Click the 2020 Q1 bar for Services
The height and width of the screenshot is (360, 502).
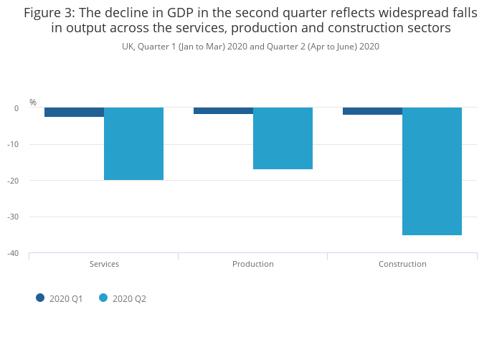[74, 112]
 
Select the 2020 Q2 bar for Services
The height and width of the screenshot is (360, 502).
[133, 143]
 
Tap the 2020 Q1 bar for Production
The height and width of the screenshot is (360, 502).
[223, 110]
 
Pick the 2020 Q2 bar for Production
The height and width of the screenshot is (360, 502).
[283, 138]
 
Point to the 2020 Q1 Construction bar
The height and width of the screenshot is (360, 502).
[372, 111]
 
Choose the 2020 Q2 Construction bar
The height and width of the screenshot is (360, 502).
[432, 171]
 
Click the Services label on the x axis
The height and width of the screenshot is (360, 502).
[104, 264]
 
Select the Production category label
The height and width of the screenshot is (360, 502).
[253, 264]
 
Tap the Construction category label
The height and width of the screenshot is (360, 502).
[402, 264]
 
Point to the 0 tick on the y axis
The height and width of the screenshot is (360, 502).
[16, 108]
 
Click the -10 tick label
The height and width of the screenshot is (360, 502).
[13, 144]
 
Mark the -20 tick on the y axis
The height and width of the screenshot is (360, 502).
[13, 181]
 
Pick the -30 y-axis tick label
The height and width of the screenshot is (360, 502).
[13, 217]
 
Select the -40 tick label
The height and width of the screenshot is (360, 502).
[13, 253]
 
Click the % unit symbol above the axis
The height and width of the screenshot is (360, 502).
[32, 103]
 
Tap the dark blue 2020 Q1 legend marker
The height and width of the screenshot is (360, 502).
[40, 298]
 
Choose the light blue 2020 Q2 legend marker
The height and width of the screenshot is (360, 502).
[103, 298]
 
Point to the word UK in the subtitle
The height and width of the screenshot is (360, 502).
[128, 47]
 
